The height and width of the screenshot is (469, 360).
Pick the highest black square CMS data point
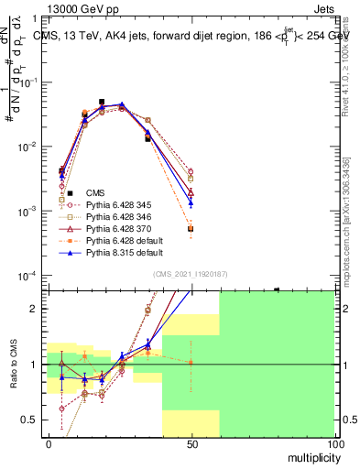tap(102, 103)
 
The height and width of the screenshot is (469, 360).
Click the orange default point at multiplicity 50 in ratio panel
tap(191, 363)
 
